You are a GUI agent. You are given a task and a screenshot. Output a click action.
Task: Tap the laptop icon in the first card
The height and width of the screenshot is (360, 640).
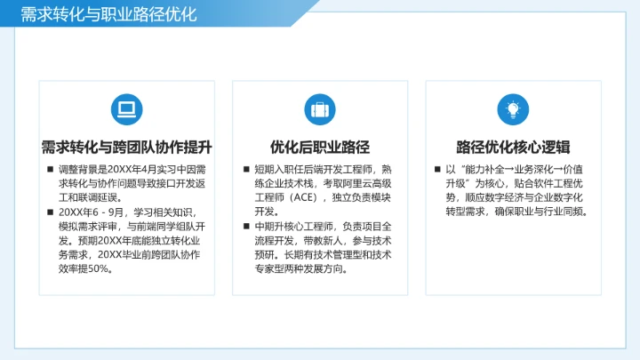tap(126, 108)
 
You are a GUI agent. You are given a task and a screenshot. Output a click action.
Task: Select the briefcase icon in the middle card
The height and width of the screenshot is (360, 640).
tap(320, 108)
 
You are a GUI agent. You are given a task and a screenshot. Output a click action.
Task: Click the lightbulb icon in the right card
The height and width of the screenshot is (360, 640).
tap(513, 108)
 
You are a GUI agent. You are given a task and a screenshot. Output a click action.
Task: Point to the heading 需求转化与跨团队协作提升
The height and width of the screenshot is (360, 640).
tap(126, 147)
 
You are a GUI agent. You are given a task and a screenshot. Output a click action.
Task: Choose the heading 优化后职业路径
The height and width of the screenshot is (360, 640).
tap(320, 147)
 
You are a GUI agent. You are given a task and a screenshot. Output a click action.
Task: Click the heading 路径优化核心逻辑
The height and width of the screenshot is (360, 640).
tap(513, 147)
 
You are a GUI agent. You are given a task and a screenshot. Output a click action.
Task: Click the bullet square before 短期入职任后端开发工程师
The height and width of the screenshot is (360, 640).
tap(245, 169)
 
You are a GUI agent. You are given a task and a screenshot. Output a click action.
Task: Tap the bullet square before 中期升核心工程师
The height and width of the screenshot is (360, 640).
tap(245, 227)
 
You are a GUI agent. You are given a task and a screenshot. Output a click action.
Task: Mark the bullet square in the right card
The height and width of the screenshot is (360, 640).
tap(438, 169)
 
